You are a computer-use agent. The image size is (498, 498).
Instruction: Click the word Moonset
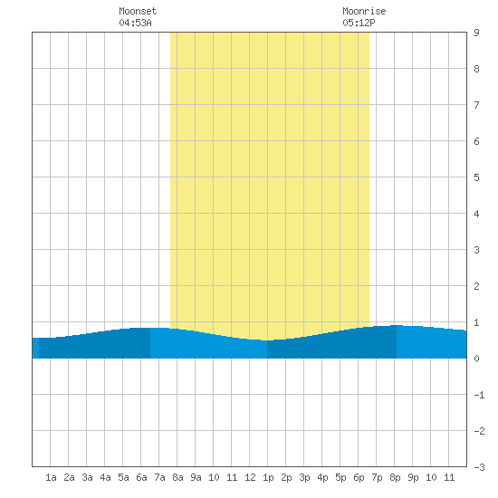pos(138,11)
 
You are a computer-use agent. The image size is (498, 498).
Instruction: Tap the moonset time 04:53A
pos(135,23)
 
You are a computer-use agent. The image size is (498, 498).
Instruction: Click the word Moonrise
pos(364,11)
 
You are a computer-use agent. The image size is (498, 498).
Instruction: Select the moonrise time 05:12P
pos(359,23)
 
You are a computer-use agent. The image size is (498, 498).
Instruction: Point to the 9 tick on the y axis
pos(476,33)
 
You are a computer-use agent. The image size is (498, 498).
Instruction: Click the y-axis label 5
pos(476,177)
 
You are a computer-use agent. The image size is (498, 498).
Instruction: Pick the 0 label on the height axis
pos(476,359)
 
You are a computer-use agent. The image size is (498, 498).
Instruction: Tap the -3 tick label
pos(479,467)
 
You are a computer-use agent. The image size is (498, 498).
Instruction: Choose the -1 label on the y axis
pos(479,395)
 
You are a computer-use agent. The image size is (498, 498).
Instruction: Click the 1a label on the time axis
pos(51,477)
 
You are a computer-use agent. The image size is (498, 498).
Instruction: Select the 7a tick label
pos(159,477)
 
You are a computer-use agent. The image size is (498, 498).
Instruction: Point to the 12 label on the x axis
pos(250,477)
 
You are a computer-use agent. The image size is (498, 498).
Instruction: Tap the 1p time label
pos(268,477)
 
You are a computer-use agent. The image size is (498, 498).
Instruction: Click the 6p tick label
pos(359,477)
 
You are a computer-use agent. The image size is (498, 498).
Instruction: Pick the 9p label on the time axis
pos(413,477)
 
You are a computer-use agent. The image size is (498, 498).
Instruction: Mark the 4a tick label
pos(105,477)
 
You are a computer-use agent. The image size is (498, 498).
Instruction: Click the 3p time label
pos(304,477)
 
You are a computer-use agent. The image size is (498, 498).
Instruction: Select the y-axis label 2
pos(476,286)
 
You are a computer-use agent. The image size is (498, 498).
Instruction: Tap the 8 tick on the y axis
pos(476,69)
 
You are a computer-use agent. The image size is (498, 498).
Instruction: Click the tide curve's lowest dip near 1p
pos(267,340)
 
